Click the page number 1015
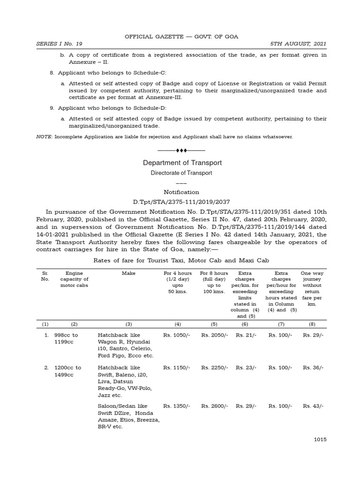[x=320, y=439]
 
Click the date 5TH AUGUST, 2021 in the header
[x=298, y=44]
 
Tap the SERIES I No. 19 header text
[x=59, y=44]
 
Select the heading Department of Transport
[x=182, y=163]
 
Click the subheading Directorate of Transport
[x=181, y=173]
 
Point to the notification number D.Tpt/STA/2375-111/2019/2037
[x=181, y=202]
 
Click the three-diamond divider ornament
[x=181, y=150]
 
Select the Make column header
[x=128, y=273]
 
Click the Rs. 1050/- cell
[x=177, y=335]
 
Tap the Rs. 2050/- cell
[x=215, y=335]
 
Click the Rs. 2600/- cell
[x=215, y=406]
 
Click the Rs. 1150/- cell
[x=177, y=368]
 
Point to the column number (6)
[x=245, y=323]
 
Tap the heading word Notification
[x=181, y=192]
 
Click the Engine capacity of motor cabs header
[x=74, y=279]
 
